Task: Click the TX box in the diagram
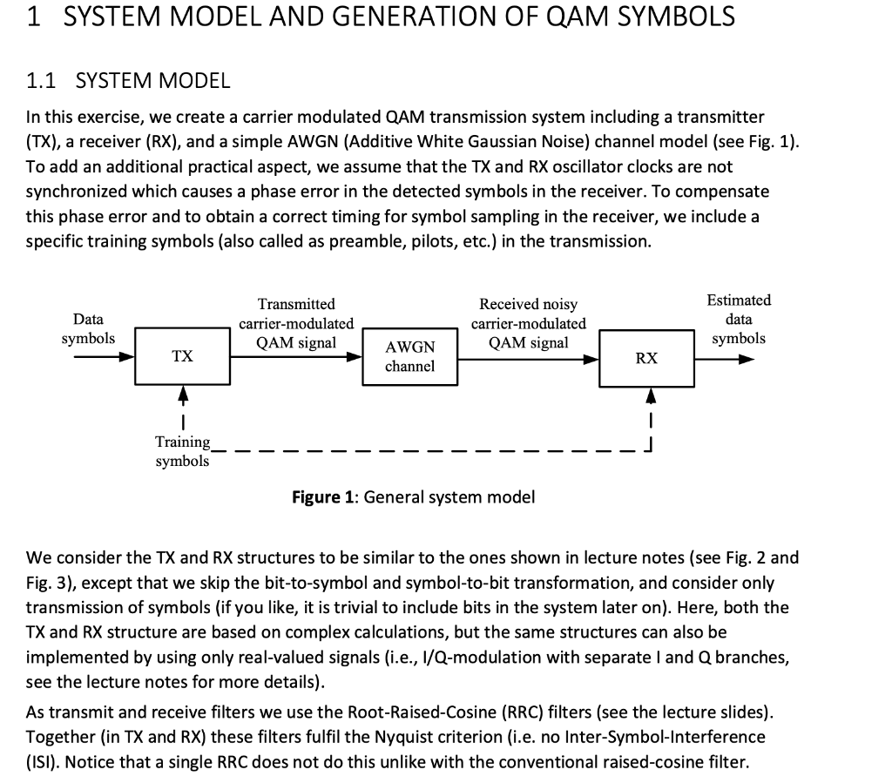pyautogui.click(x=182, y=356)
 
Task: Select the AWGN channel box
pyautogui.click(x=409, y=357)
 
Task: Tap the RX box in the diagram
pyautogui.click(x=646, y=358)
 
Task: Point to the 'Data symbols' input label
pyautogui.click(x=88, y=329)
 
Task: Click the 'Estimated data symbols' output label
pyautogui.click(x=739, y=319)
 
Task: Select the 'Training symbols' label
pyautogui.click(x=182, y=452)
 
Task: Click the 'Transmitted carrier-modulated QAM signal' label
pyautogui.click(x=296, y=323)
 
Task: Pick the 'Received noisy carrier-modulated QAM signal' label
pyautogui.click(x=529, y=323)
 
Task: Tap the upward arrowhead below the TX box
pyautogui.click(x=182, y=395)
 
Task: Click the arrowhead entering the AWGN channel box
pyautogui.click(x=355, y=356)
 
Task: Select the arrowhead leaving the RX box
pyautogui.click(x=745, y=356)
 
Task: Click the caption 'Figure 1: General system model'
pyautogui.click(x=414, y=497)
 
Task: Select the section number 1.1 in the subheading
pyautogui.click(x=42, y=82)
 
